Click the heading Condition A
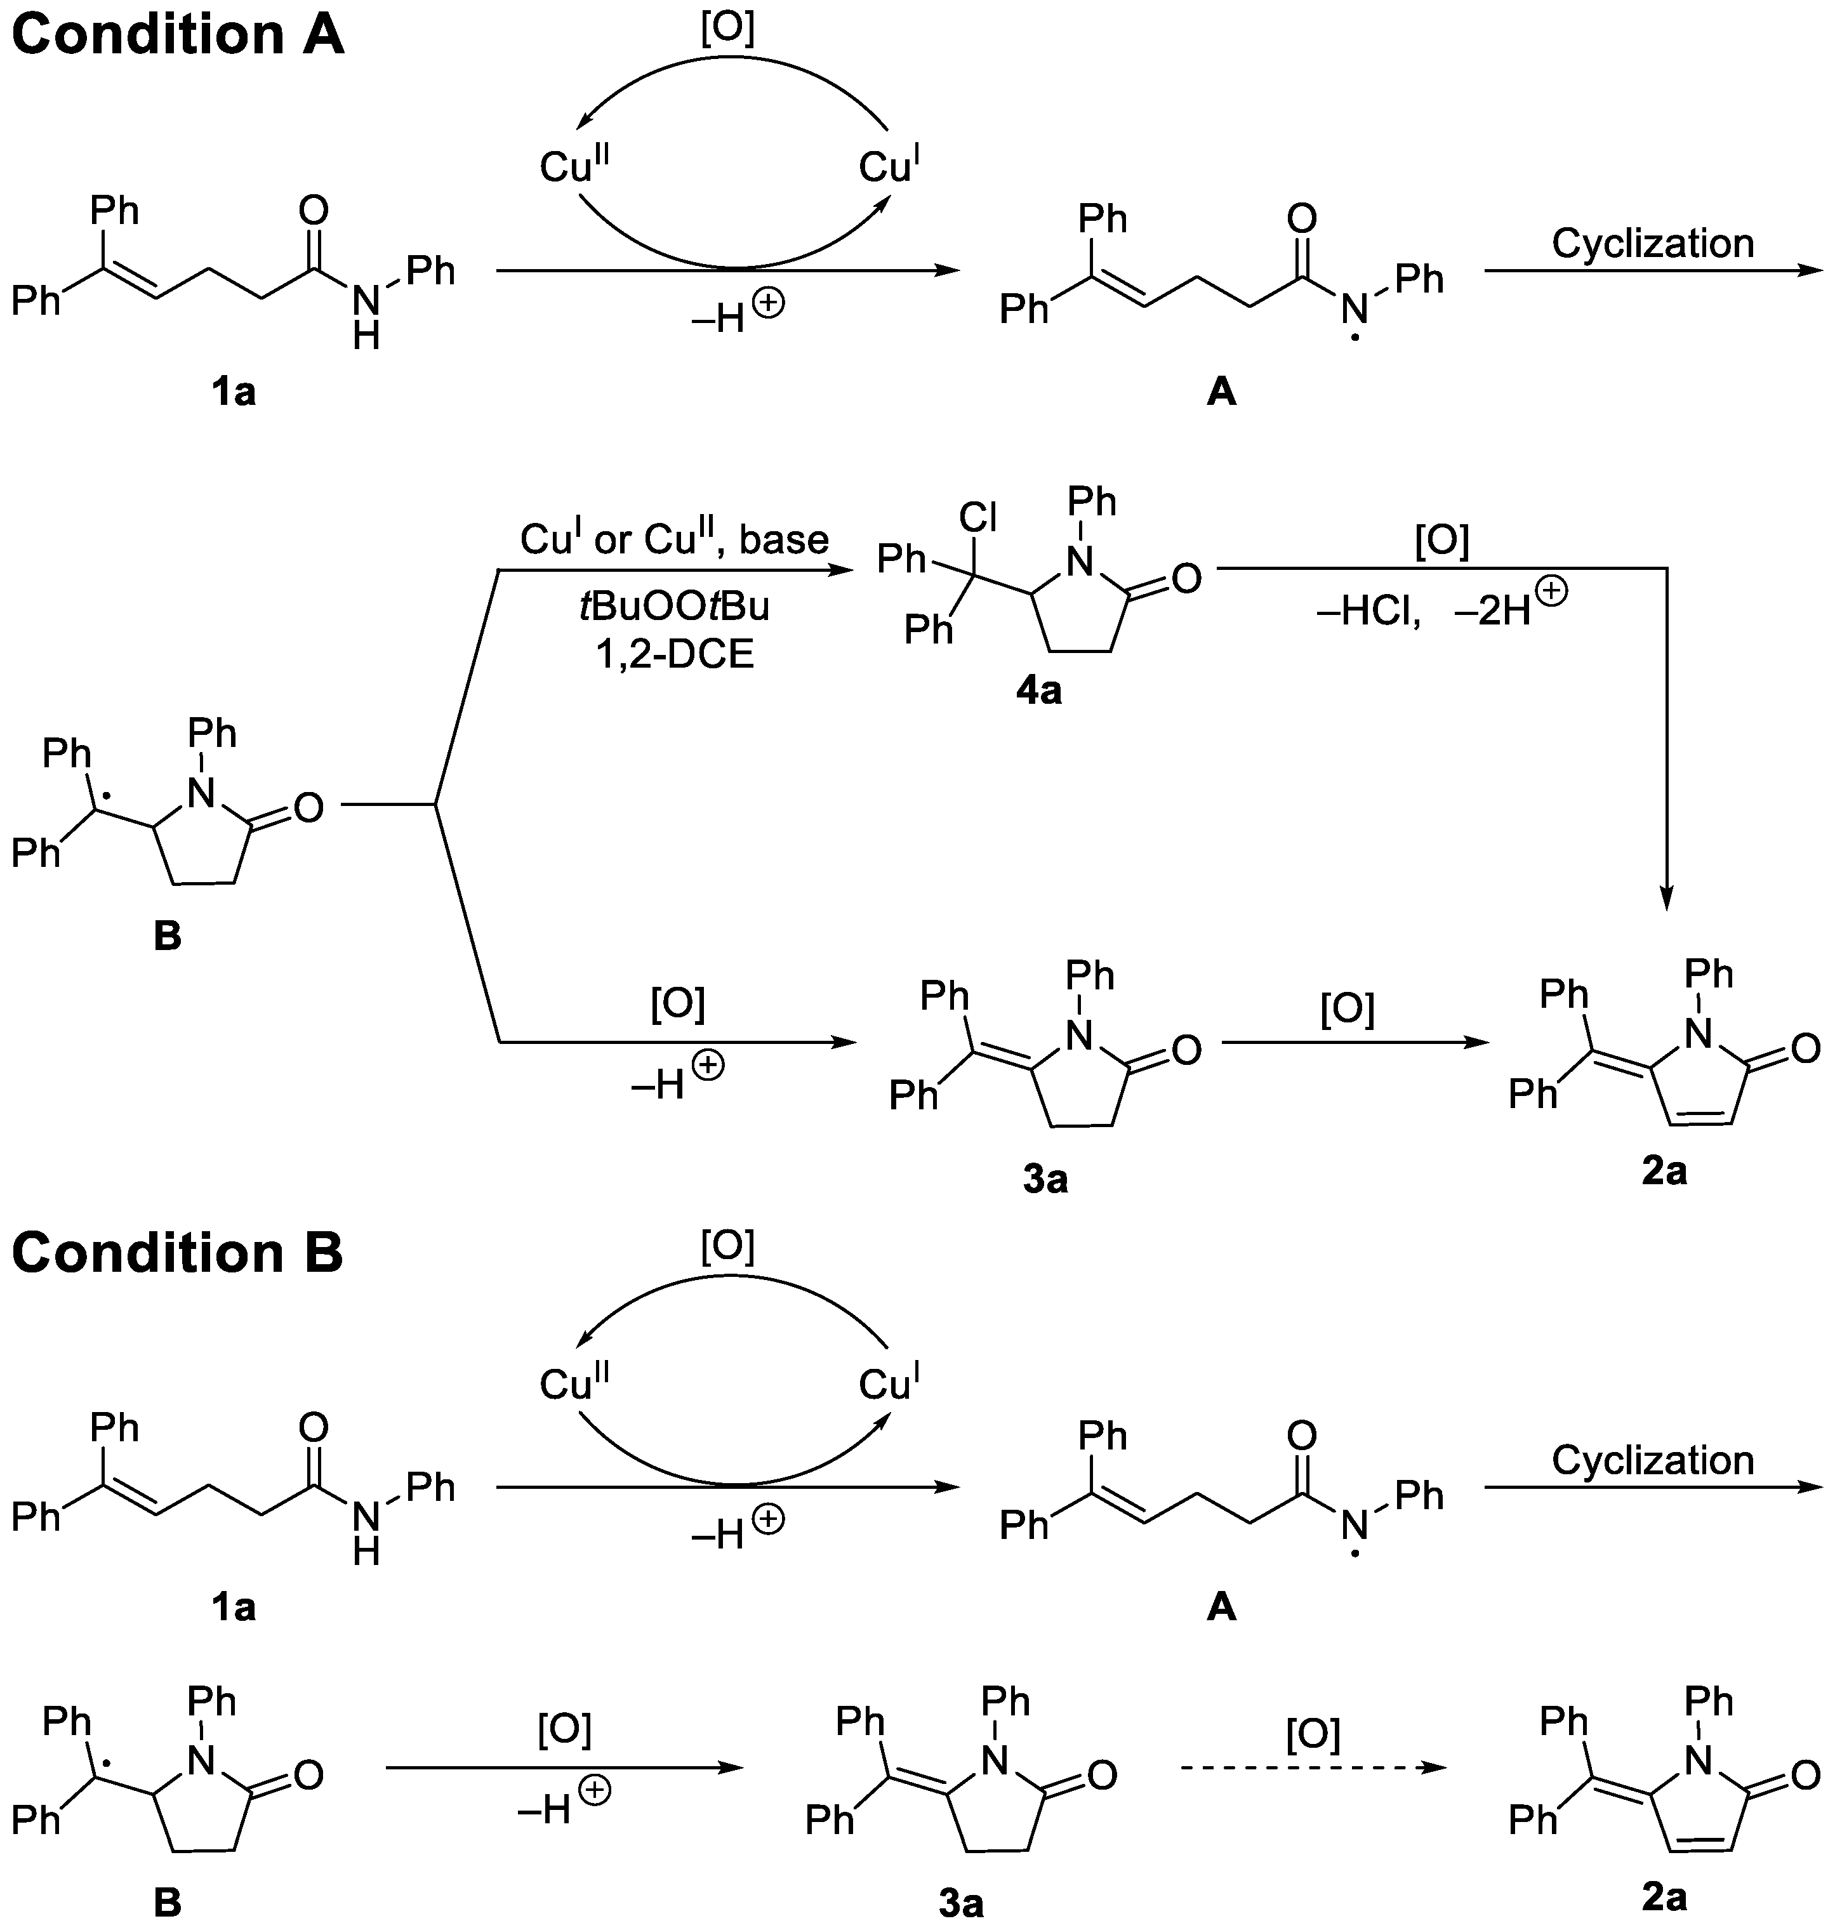pos(177,35)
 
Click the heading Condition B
pos(177,1253)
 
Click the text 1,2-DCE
pos(675,654)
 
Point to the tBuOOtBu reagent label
pos(675,607)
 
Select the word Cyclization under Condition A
pos(1652,244)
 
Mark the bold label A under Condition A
pos(1222,392)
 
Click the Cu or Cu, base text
pos(674,539)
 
